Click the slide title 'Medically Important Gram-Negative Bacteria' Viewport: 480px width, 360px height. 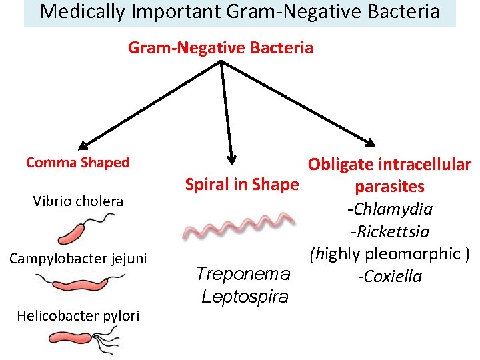(240, 12)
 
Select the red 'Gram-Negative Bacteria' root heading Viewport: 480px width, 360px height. (220, 48)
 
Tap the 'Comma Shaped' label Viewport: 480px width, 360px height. (77, 163)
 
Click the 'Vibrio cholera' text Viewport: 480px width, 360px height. (78, 201)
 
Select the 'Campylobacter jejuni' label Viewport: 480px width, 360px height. (77, 258)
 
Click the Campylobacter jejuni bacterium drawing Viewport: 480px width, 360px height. (79, 283)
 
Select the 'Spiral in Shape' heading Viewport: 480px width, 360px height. (241, 184)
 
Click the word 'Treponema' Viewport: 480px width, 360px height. (243, 273)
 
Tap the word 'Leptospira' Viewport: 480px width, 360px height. (245, 296)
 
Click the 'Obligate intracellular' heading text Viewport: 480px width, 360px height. (389, 165)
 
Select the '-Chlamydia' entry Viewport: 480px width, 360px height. (389, 209)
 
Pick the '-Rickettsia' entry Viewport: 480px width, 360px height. (389, 232)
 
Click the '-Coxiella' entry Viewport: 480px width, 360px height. (389, 276)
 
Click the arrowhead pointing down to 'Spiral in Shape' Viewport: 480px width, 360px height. (232, 159)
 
